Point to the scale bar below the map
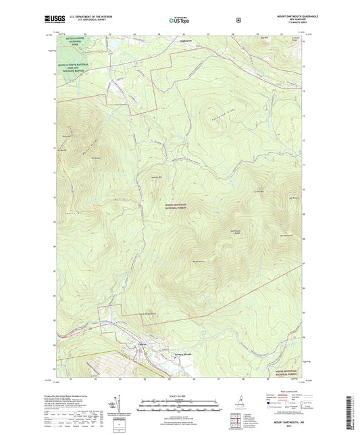[178, 403]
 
